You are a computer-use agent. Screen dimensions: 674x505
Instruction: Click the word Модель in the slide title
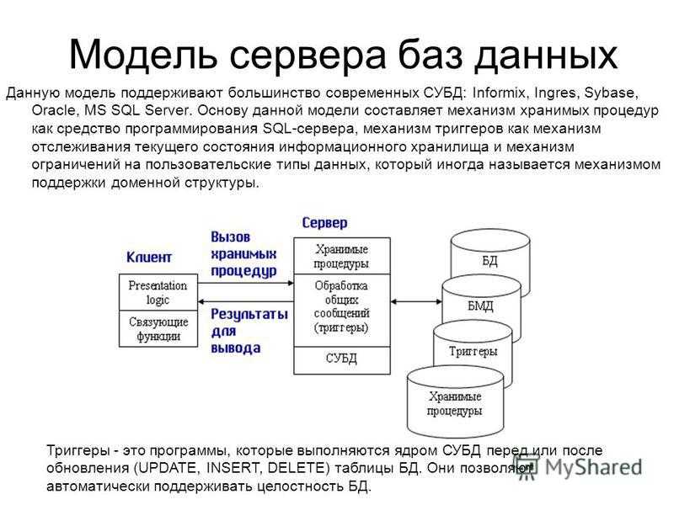pyautogui.click(x=142, y=55)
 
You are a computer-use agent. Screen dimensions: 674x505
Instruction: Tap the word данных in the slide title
pyautogui.click(x=546, y=56)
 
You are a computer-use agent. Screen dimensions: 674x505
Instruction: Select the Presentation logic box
pyautogui.click(x=158, y=292)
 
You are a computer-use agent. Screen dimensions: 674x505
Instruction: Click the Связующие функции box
pyautogui.click(x=158, y=328)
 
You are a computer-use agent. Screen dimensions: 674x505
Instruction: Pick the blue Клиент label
pyautogui.click(x=149, y=258)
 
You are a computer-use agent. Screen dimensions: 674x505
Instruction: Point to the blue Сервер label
pyautogui.click(x=324, y=223)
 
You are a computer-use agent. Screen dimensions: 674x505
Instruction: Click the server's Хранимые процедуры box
pyautogui.click(x=342, y=257)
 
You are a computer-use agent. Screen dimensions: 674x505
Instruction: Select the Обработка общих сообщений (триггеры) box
pyautogui.click(x=342, y=311)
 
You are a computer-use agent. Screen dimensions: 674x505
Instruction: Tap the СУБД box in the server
pyautogui.click(x=342, y=360)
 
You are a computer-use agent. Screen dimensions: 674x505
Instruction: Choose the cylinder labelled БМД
pyautogui.click(x=481, y=306)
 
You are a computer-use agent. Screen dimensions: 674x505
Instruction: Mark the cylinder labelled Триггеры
pyautogui.click(x=473, y=352)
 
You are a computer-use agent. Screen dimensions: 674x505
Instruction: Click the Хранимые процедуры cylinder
pyautogui.click(x=455, y=403)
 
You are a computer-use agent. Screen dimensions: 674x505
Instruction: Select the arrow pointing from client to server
pyautogui.click(x=245, y=283)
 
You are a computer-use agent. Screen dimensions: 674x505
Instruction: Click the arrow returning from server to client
pyautogui.click(x=245, y=302)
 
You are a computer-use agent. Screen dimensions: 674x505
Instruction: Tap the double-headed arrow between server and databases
pyautogui.click(x=416, y=302)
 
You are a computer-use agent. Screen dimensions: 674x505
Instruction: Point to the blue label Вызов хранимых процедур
pyautogui.click(x=243, y=254)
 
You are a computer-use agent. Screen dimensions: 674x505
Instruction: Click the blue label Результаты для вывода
pyautogui.click(x=249, y=331)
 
